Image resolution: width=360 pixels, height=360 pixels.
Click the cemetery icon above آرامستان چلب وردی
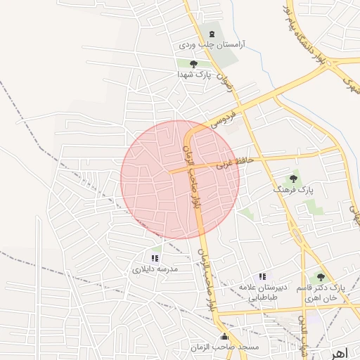click(211, 34)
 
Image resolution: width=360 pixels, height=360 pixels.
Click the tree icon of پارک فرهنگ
click(293, 179)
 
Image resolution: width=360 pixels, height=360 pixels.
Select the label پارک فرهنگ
click(292, 190)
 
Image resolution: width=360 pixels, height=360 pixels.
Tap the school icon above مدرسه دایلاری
click(155, 259)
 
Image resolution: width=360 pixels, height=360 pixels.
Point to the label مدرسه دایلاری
click(155, 269)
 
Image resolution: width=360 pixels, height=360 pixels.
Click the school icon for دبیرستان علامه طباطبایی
click(262, 277)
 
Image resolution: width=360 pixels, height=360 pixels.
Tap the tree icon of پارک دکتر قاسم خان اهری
click(321, 278)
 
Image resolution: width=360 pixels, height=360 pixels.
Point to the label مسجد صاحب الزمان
click(225, 347)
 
